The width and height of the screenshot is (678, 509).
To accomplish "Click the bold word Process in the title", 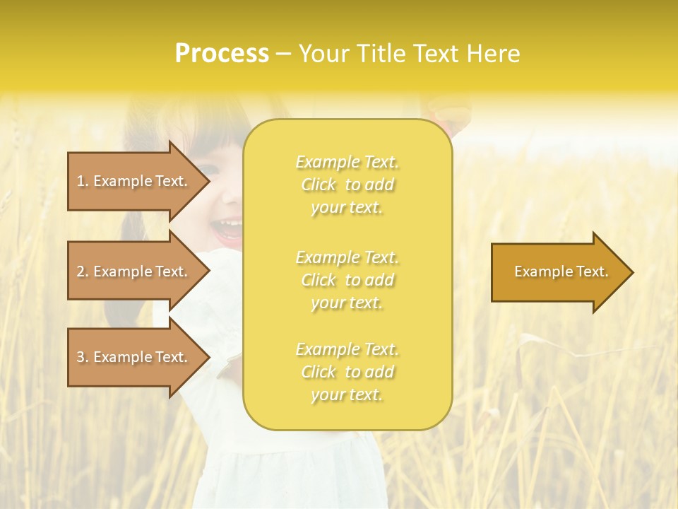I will pyautogui.click(x=222, y=54).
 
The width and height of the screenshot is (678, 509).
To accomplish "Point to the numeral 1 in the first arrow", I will pyautogui.click(x=81, y=181).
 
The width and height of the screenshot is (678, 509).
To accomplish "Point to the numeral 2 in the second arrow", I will pyautogui.click(x=81, y=271).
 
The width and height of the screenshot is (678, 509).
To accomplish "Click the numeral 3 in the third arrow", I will pyautogui.click(x=81, y=357).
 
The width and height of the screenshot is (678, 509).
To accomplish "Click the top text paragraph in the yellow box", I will pyautogui.click(x=347, y=185).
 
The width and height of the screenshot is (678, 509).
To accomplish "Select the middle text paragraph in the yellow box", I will pyautogui.click(x=347, y=280).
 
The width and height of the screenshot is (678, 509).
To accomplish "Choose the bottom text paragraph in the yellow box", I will pyautogui.click(x=347, y=372).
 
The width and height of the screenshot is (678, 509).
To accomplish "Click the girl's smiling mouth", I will pyautogui.click(x=227, y=228).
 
